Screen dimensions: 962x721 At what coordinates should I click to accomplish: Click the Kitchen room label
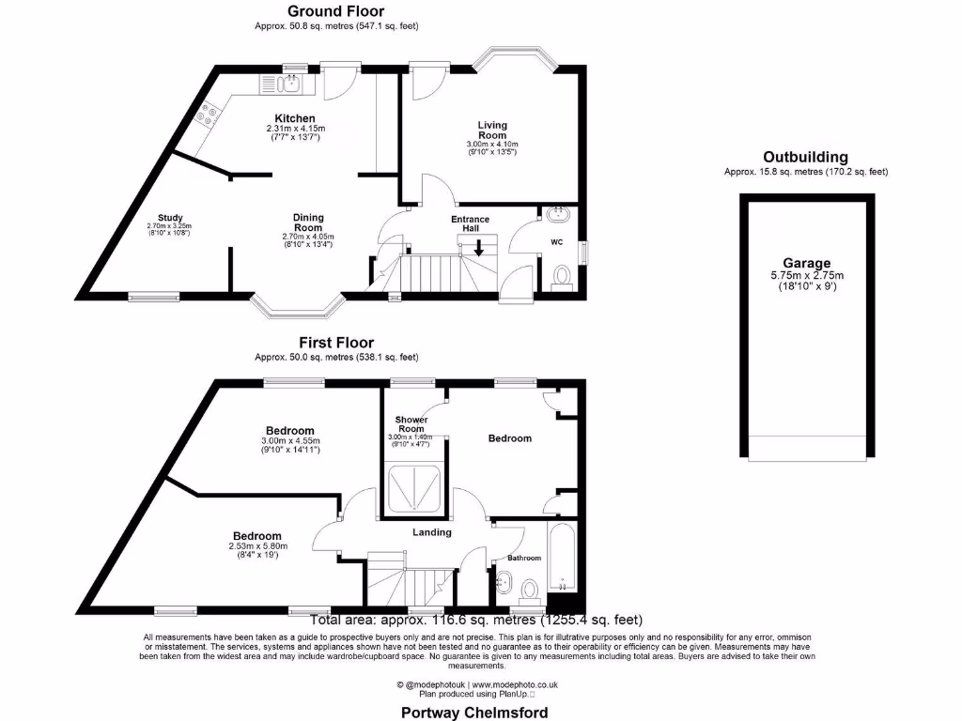295,118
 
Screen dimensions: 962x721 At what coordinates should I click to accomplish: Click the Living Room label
492,130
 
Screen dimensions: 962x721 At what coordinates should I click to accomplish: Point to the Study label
170,218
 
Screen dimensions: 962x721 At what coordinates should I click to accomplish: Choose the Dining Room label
308,222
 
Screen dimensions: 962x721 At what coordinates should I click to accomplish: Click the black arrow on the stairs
478,248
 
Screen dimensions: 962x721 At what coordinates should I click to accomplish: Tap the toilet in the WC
562,277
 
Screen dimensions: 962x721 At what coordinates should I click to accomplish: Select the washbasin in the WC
558,214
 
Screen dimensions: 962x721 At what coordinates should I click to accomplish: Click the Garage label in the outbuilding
807,264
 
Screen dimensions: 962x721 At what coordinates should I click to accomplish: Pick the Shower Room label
411,424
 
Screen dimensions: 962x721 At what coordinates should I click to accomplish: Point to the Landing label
432,532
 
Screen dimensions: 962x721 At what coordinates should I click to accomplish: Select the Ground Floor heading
336,11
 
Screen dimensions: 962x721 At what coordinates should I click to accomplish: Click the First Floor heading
336,343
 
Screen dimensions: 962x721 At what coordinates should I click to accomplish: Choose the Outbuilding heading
805,157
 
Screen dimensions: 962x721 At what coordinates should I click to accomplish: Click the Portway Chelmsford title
474,713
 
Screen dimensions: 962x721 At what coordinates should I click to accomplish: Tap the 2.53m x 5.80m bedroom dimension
258,546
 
